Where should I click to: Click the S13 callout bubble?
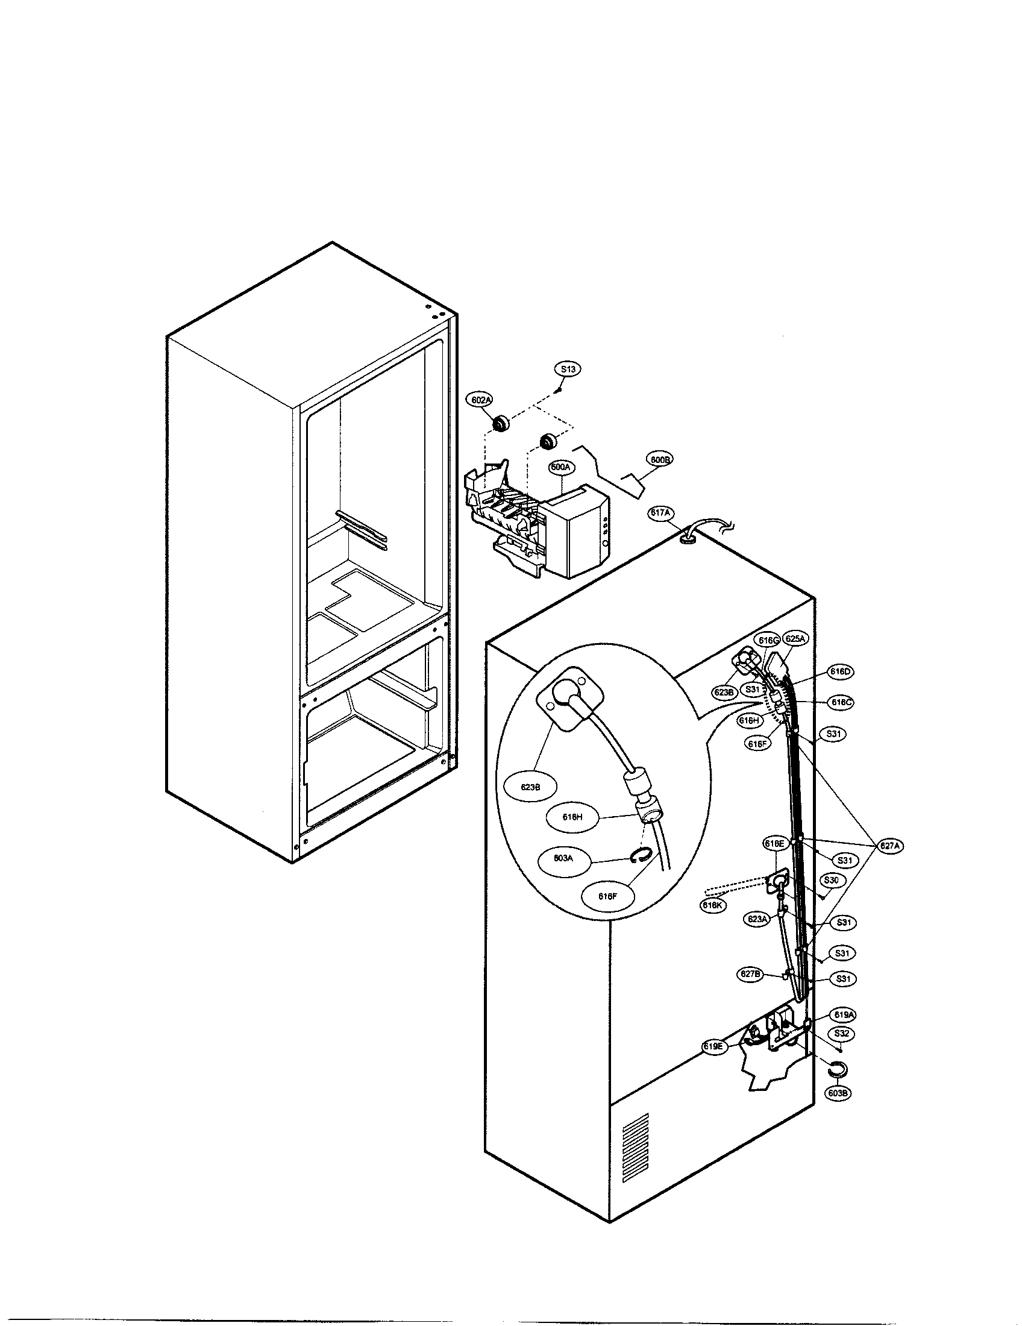click(x=568, y=368)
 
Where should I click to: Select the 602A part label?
click(x=478, y=400)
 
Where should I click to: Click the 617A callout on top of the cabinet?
click(x=661, y=513)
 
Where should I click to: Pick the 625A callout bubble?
click(x=795, y=639)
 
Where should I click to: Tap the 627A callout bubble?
click(x=888, y=845)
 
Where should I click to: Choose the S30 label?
click(x=831, y=880)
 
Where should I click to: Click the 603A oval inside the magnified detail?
click(x=563, y=858)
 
